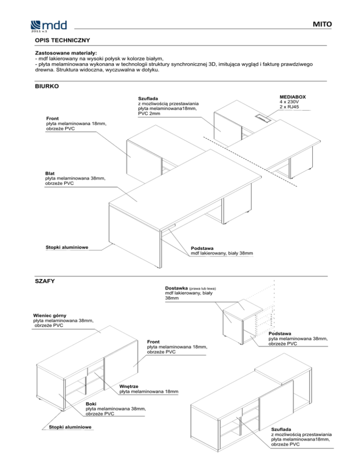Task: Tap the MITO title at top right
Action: (x=322, y=23)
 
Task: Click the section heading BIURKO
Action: (x=47, y=86)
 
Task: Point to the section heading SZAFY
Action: (x=45, y=281)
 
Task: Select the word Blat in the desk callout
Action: (x=50, y=173)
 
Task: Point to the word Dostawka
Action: (x=177, y=288)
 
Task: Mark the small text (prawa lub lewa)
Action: (x=202, y=288)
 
